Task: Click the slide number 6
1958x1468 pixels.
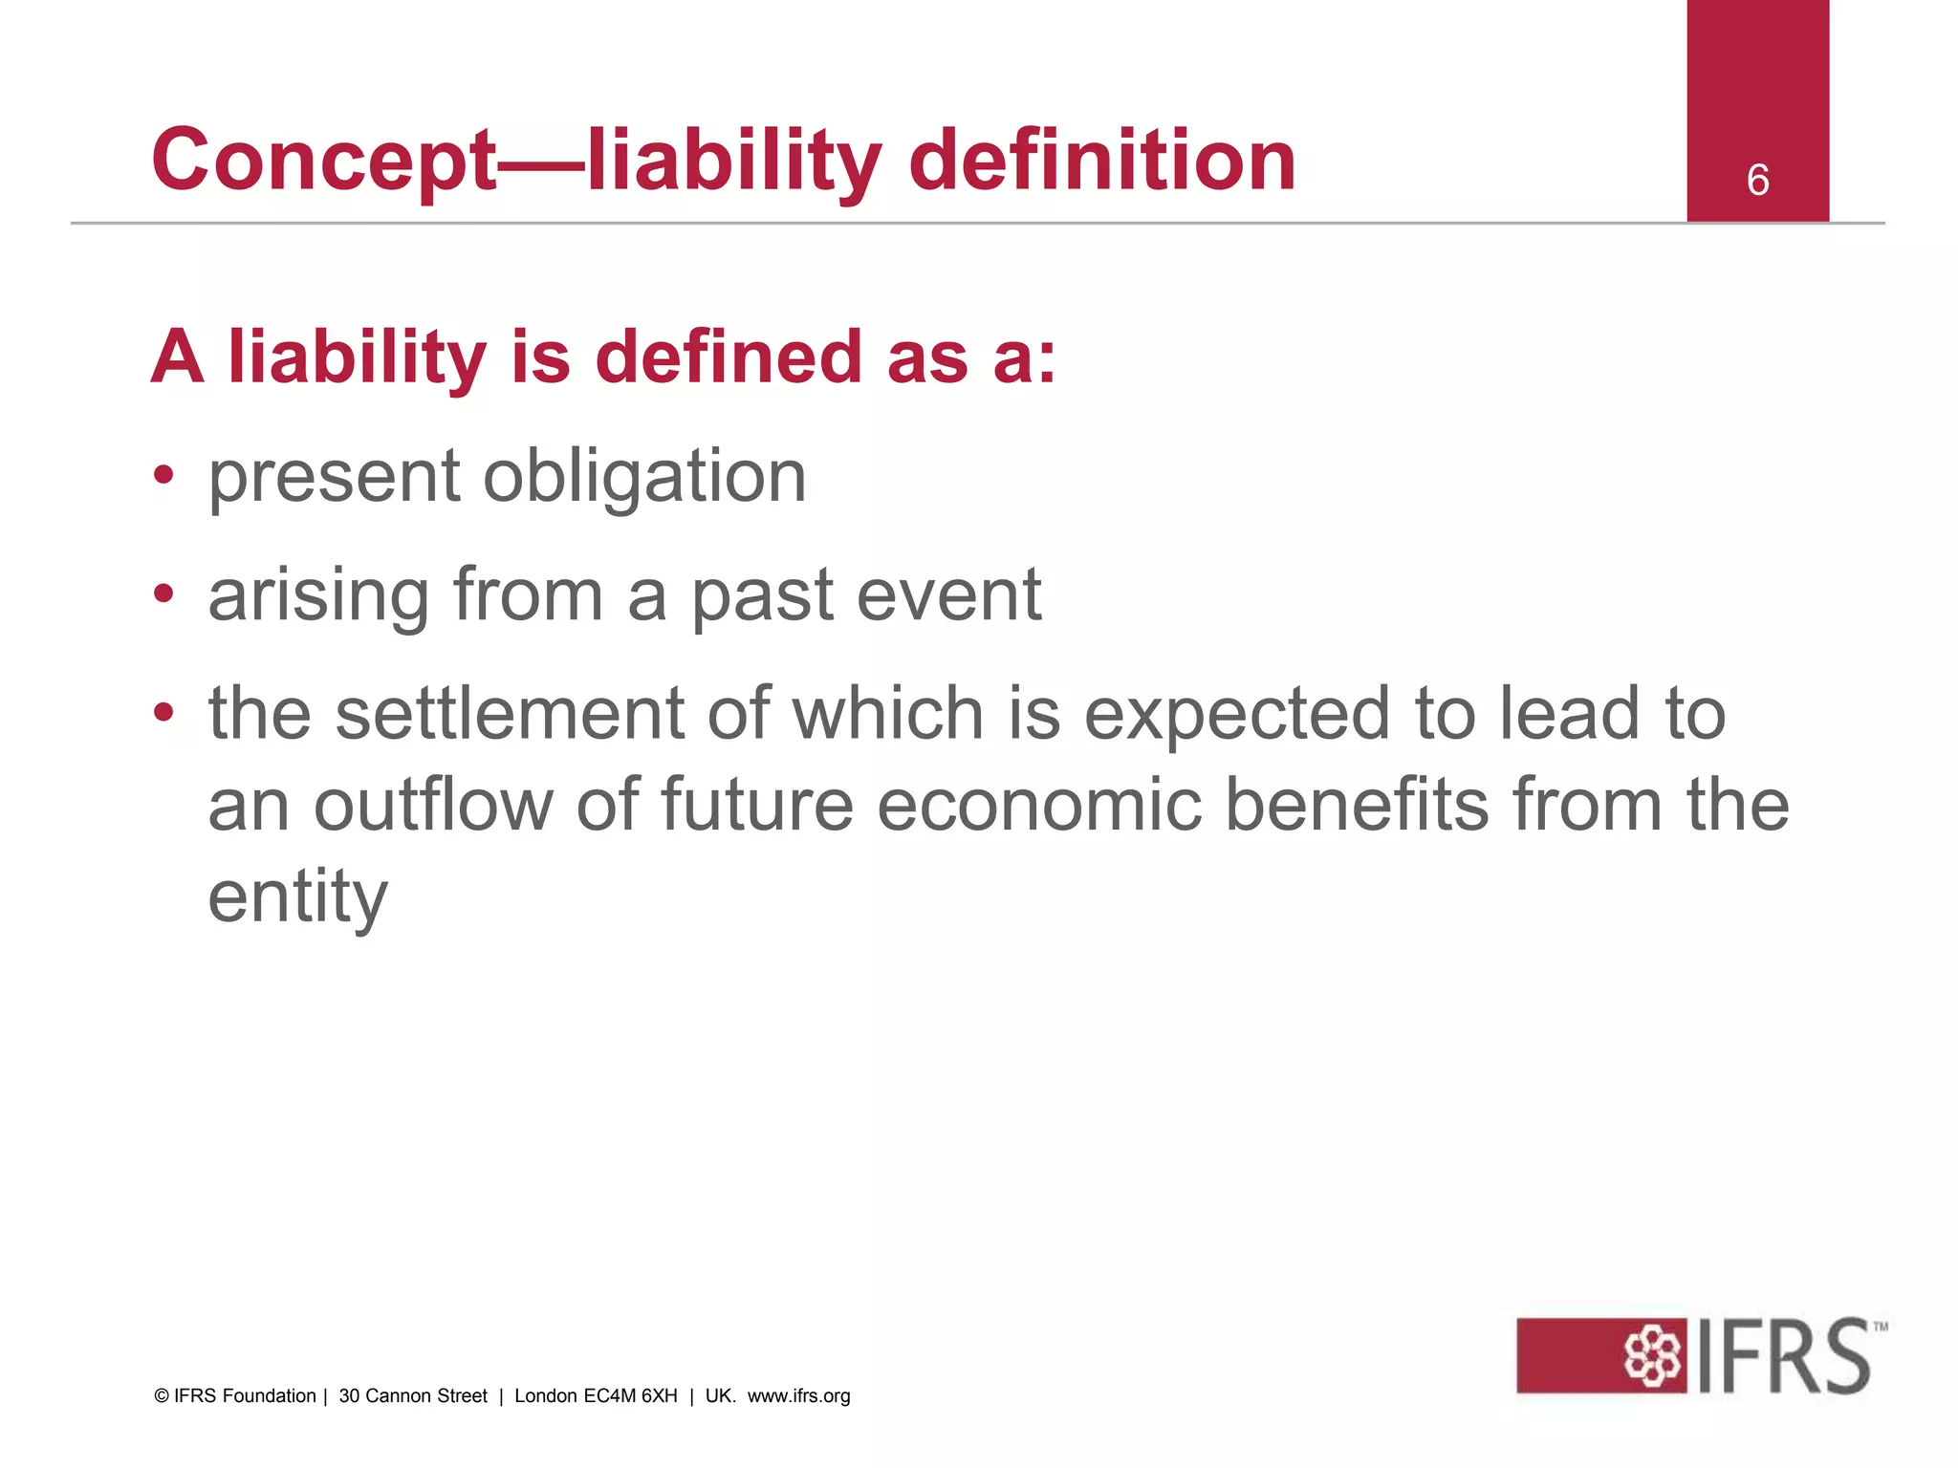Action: coord(1757,180)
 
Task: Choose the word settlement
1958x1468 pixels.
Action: coord(510,714)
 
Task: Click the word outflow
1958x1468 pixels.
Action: coord(433,805)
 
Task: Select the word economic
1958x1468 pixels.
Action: coord(1038,805)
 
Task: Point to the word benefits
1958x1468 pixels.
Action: coord(1357,805)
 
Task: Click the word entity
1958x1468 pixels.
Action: coord(298,898)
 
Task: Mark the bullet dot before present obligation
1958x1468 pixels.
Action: coord(164,475)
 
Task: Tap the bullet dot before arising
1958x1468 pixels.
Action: coord(164,594)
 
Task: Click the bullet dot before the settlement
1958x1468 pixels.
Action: coord(164,712)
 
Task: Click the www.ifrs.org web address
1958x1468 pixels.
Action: coord(798,1396)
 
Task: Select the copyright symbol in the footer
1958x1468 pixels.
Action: coord(162,1396)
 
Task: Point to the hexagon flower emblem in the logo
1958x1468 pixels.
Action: coord(1652,1355)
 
